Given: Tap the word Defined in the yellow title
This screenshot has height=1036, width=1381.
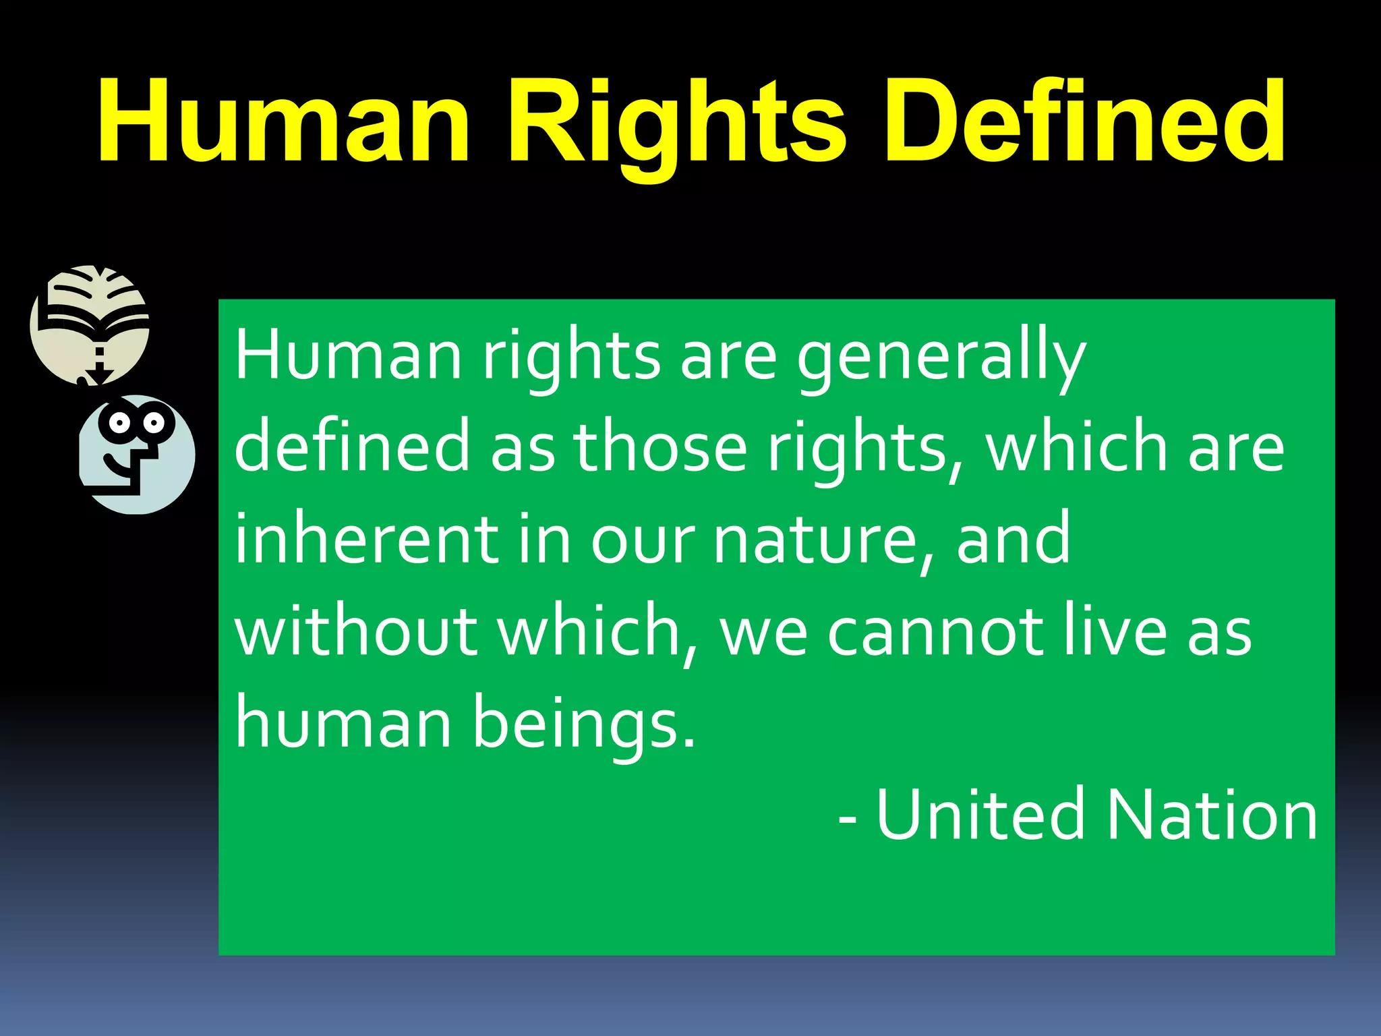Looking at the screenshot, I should (x=1084, y=121).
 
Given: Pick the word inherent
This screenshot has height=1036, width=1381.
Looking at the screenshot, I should (x=368, y=540).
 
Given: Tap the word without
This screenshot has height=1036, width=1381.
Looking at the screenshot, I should (x=356, y=631).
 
